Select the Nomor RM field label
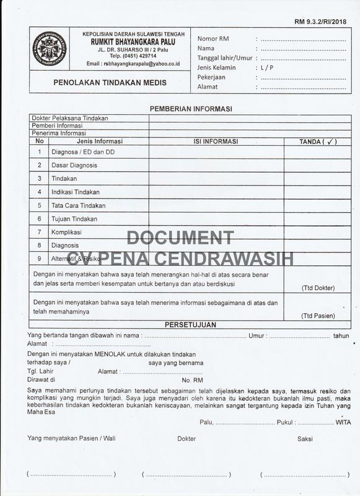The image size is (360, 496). coord(213,38)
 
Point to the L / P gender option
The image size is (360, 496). coord(267,68)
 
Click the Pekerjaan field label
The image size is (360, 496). coord(211,77)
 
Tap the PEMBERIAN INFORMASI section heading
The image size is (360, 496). coord(191,108)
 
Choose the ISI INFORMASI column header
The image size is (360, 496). coord(216,141)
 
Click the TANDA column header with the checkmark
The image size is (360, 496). coord(317,141)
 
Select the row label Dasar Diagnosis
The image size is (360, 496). coord(74,166)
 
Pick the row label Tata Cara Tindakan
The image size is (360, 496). coord(79,205)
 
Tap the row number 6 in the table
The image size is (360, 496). coord(39,219)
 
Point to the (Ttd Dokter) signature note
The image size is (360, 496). coord(318,288)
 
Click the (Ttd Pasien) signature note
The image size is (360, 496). coord(318,316)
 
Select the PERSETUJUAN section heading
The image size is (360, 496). coord(190,325)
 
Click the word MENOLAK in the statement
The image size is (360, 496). coord(112,353)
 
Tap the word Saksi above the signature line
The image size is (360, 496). coord(305,439)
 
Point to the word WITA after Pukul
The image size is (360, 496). coord(342,422)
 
